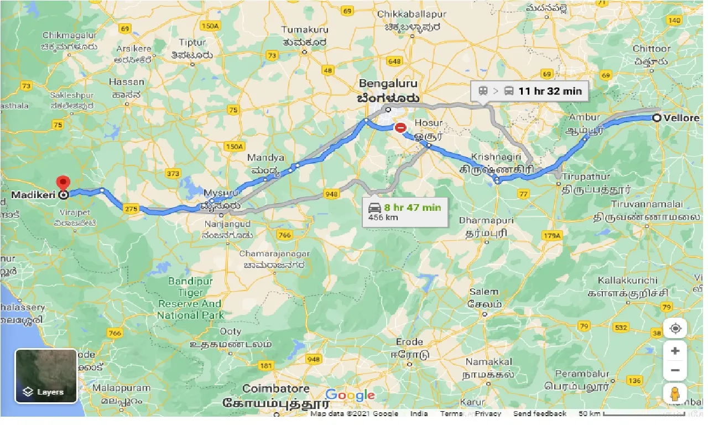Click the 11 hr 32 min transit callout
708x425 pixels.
tap(529, 91)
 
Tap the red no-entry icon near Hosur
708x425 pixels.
tap(400, 128)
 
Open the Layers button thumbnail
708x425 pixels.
tap(46, 376)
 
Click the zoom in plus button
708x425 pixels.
tap(675, 351)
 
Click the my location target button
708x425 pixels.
tap(675, 329)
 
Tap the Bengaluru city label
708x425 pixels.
tap(388, 84)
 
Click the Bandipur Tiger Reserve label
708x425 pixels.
tap(190, 298)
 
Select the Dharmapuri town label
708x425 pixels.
tap(486, 221)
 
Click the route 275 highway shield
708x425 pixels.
tap(131, 209)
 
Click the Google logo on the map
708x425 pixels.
tap(350, 395)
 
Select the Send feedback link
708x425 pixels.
tap(539, 414)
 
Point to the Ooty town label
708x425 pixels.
tap(230, 331)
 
